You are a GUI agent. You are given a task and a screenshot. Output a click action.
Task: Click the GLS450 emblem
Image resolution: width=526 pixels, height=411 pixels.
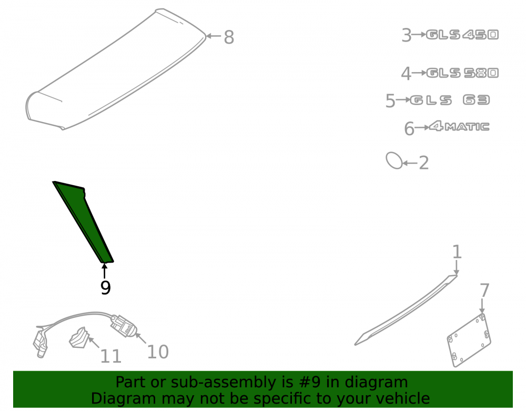462,35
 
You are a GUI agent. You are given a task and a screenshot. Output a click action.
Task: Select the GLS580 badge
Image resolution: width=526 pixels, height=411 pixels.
462,73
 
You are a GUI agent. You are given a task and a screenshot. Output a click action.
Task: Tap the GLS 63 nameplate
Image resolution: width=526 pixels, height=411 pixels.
450,100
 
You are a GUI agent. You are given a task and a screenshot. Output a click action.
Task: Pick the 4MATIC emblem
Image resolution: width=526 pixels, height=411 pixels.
459,126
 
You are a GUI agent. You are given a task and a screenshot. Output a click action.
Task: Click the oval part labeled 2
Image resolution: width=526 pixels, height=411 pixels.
394,161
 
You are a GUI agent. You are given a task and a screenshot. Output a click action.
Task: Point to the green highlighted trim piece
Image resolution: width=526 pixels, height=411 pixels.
84,222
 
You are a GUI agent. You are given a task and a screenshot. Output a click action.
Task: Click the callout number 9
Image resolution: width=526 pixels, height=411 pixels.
105,287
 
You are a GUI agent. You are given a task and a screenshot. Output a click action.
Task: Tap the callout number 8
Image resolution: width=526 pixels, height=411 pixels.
229,37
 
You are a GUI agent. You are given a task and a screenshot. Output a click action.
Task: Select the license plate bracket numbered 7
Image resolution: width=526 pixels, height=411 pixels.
469,340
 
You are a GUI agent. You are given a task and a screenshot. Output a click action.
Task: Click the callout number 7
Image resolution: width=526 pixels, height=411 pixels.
484,290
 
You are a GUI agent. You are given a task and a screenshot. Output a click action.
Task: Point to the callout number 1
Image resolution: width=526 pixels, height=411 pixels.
457,252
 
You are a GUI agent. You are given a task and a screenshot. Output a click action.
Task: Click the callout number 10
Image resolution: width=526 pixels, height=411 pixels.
158,352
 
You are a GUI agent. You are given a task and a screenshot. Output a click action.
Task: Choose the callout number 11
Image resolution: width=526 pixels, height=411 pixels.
110,356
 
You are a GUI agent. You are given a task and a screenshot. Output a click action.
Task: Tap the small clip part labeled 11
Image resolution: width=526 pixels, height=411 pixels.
79,337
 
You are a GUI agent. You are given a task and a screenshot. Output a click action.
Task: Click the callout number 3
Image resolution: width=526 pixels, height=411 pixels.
407,35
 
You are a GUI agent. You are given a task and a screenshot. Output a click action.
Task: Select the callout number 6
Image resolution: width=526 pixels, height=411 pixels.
409,129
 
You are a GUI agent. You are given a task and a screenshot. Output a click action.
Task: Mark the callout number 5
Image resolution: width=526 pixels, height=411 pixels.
390,101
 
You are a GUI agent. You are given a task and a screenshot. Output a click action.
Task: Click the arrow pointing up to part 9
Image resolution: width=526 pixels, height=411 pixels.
104,271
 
